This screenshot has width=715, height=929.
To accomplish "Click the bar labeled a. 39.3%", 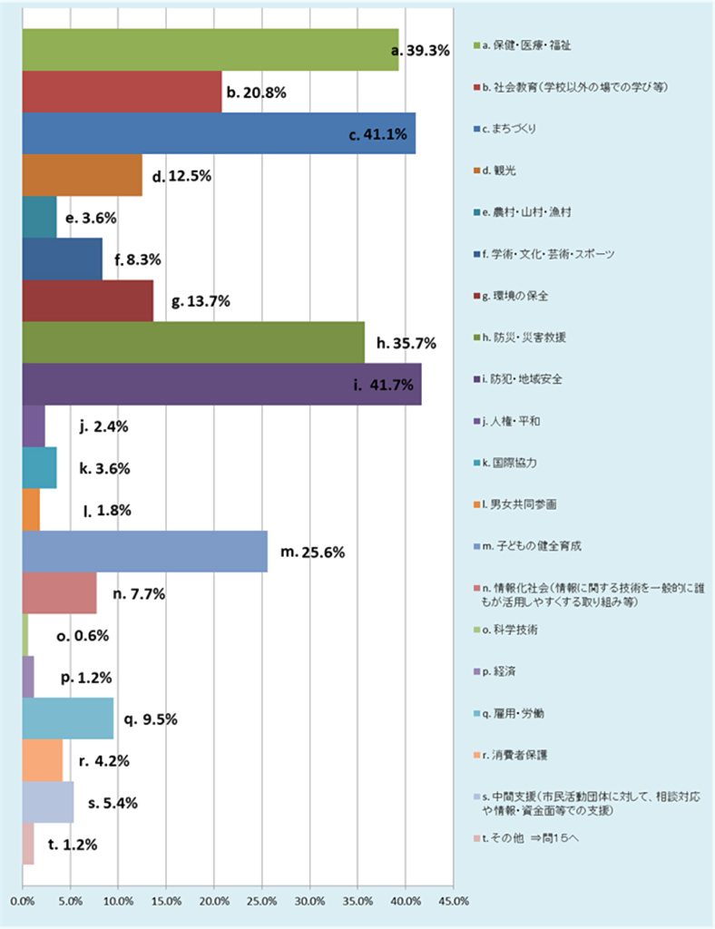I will click(x=209, y=50).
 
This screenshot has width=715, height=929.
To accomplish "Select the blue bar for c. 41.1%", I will click(x=218, y=133).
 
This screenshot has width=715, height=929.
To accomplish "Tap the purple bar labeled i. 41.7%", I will click(x=220, y=384).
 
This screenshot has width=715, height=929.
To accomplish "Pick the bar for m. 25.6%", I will click(x=144, y=552).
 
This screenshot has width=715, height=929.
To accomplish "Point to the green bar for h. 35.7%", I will click(x=192, y=342).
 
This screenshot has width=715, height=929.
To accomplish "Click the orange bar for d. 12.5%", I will click(x=82, y=175).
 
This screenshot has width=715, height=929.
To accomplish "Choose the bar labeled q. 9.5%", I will click(x=67, y=719).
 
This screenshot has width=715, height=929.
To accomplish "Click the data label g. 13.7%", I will click(x=201, y=300).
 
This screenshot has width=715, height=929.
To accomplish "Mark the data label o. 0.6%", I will click(x=83, y=636).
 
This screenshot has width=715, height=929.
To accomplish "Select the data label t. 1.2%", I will click(x=73, y=844).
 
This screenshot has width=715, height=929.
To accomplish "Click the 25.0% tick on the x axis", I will click(x=261, y=902).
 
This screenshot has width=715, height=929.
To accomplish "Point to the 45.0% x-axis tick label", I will click(x=453, y=902).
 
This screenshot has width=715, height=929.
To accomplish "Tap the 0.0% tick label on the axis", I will click(x=22, y=902).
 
